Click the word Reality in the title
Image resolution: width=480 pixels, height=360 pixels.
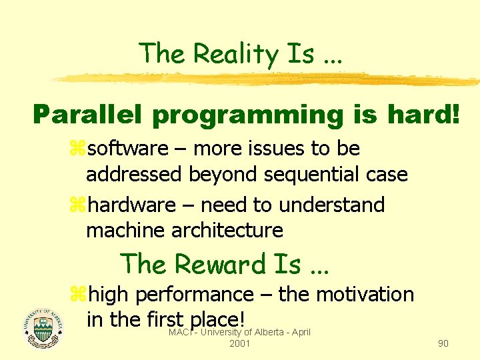click(223, 53)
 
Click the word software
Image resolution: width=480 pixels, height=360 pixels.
click(129, 148)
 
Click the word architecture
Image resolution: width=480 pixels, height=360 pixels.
click(227, 231)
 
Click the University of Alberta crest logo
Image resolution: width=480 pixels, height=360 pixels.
click(41, 327)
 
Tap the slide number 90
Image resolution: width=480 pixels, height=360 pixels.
click(443, 343)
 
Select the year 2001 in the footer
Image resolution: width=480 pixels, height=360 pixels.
click(239, 343)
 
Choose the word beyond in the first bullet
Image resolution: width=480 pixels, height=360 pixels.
click(225, 175)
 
